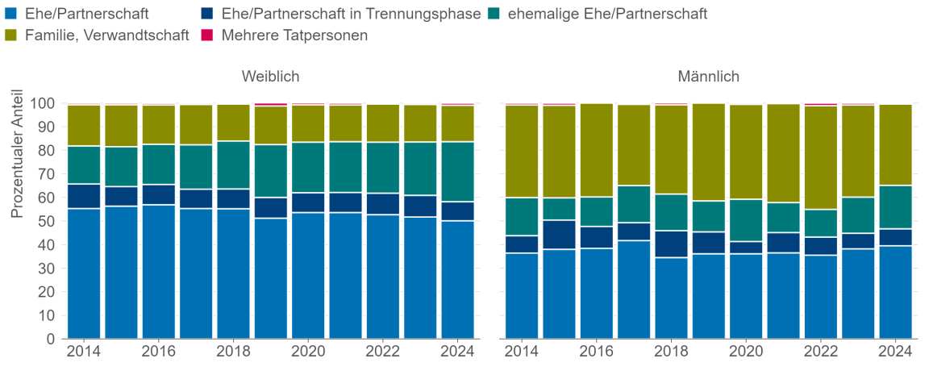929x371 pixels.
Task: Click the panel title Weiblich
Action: coord(271,77)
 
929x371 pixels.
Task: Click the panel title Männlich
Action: coord(708,77)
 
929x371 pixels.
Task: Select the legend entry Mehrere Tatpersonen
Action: coord(294,35)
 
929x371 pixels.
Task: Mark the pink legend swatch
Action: coord(207,35)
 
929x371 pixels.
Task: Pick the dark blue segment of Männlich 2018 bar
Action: coord(671,244)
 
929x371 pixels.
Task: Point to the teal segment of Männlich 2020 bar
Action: coord(746,220)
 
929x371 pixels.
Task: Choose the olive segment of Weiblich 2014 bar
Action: coord(84,125)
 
